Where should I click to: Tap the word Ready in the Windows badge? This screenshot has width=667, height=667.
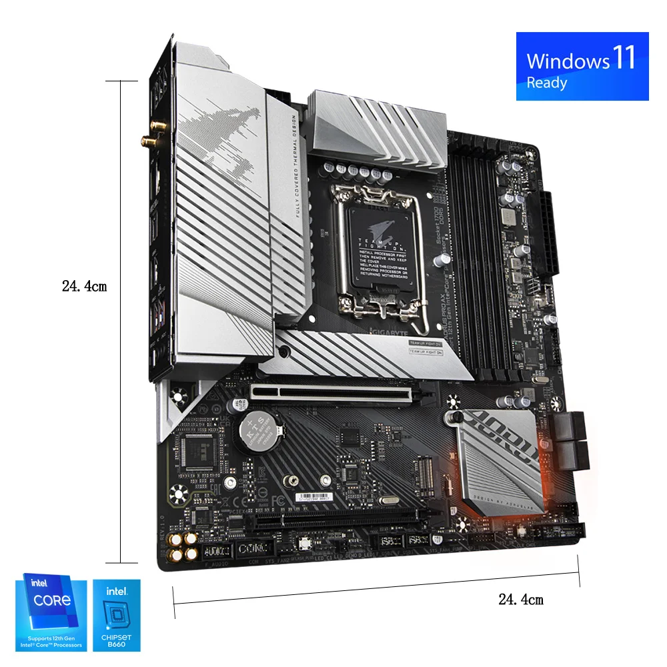pyautogui.click(x=547, y=83)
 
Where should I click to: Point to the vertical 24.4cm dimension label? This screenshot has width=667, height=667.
pyautogui.click(x=84, y=287)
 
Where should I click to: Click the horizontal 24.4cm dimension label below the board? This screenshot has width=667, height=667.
pyautogui.click(x=521, y=600)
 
